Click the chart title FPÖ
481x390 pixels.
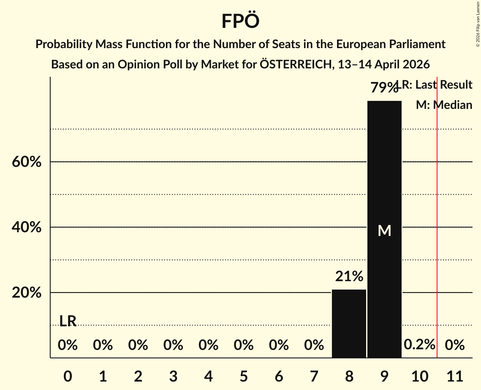240,21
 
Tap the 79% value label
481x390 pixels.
384,88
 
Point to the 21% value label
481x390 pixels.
349,276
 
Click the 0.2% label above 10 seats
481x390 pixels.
419,344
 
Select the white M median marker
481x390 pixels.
384,230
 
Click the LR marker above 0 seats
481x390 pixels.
68,321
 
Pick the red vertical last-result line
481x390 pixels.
437,211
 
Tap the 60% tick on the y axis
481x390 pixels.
27,162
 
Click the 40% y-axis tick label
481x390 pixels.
27,227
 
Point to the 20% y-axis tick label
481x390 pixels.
27,293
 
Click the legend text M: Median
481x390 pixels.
444,105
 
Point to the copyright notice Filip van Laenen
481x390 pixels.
478,23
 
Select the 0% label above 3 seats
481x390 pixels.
173,345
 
